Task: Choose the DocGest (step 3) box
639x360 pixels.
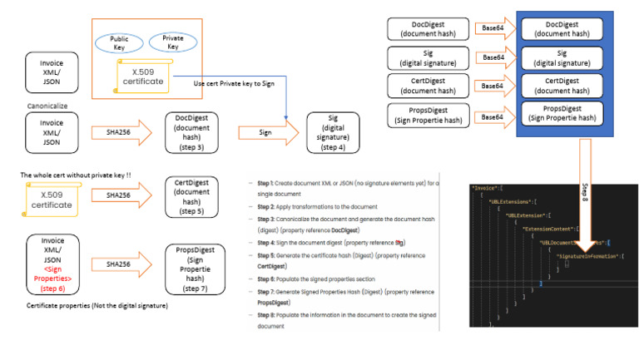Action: (192, 131)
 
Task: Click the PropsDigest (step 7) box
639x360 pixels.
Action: (192, 264)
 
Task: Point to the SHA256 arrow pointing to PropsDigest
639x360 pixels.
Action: (117, 264)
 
